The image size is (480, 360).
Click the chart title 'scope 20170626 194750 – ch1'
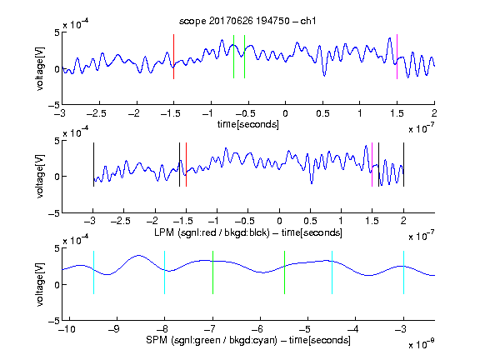(x=247, y=21)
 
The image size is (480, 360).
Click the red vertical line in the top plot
(x=173, y=57)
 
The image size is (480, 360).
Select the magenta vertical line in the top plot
(x=397, y=57)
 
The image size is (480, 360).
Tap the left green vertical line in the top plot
(x=233, y=57)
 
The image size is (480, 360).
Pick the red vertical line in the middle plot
(x=186, y=164)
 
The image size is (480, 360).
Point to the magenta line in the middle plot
(x=372, y=164)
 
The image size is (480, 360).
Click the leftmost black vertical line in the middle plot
(x=93, y=164)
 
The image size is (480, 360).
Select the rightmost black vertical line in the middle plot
(x=403, y=164)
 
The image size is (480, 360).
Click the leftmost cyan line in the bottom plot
(x=93, y=272)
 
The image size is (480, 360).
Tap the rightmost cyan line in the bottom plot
(x=403, y=272)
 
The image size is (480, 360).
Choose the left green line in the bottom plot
(x=212, y=272)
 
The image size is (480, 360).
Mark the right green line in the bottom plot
(x=284, y=272)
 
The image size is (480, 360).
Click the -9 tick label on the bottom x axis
(x=114, y=329)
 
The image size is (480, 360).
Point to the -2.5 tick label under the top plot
(x=97, y=113)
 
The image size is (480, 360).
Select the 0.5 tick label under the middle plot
(x=310, y=221)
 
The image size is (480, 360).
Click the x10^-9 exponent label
(x=421, y=344)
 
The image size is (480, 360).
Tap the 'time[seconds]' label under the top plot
(x=248, y=124)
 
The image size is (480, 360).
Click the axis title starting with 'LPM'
(x=248, y=232)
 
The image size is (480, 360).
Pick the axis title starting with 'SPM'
(x=248, y=340)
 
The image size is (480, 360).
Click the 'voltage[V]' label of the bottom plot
(x=40, y=284)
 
